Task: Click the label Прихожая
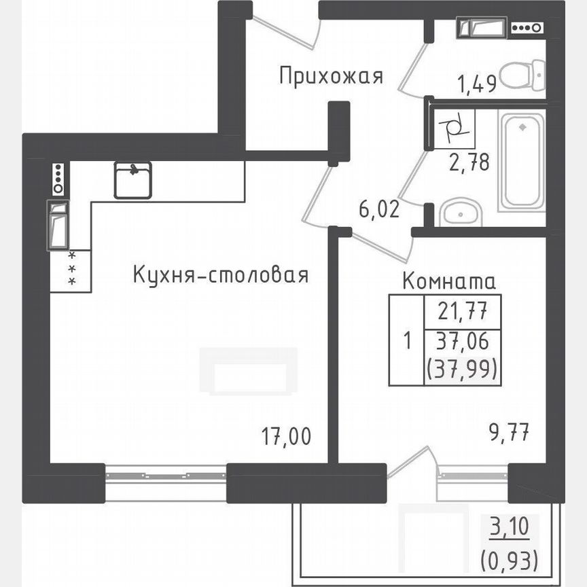tap(331, 76)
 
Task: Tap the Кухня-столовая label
tap(221, 275)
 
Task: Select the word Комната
tap(449, 280)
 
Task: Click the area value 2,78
tap(469, 163)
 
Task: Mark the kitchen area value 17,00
tap(287, 435)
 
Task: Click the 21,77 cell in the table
tap(462, 313)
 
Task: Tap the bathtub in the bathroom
tap(522, 162)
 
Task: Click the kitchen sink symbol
tap(132, 179)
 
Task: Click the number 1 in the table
tap(406, 340)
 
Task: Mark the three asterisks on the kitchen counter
tap(71, 268)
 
